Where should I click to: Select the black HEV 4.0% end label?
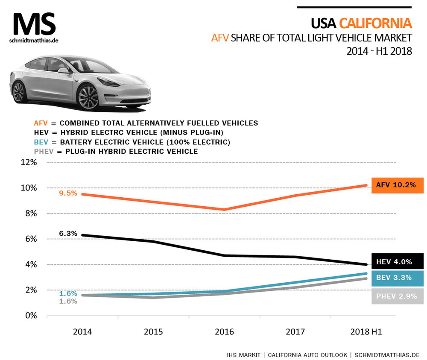[x=397, y=262]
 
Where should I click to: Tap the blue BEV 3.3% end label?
[x=397, y=278]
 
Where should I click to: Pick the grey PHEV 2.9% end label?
[x=397, y=296]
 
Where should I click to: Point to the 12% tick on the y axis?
[x=28, y=162]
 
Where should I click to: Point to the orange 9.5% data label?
[x=68, y=193]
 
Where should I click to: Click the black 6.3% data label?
[x=68, y=234]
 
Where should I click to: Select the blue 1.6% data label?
[x=68, y=293]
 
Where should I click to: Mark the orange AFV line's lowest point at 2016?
[x=223, y=210]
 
